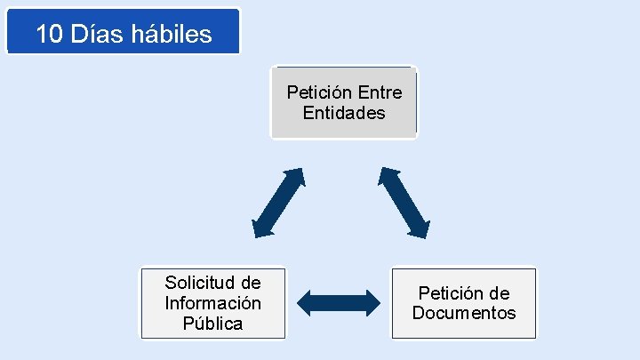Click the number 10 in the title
pyautogui.click(x=50, y=34)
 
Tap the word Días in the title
pyautogui.click(x=95, y=34)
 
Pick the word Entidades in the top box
pyautogui.click(x=344, y=113)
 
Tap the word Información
pyautogui.click(x=213, y=303)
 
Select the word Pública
pyautogui.click(x=212, y=324)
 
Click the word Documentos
pyautogui.click(x=463, y=313)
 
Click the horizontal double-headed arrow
pyautogui.click(x=338, y=303)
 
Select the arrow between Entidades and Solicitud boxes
pyautogui.click(x=278, y=203)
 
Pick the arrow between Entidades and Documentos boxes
pyautogui.click(x=404, y=202)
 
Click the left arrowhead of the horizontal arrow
pyautogui.click(x=305, y=303)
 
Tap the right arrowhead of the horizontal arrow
pyautogui.click(x=371, y=303)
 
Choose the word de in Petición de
pyautogui.click(x=500, y=293)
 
